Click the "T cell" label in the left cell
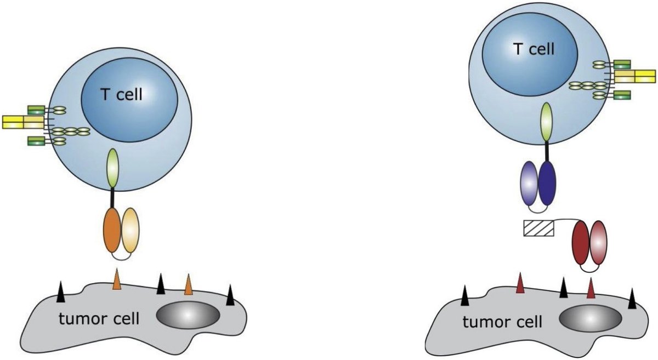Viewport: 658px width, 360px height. (x=122, y=95)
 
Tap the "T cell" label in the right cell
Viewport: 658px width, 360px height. (x=533, y=49)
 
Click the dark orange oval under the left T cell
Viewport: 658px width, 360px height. (x=112, y=230)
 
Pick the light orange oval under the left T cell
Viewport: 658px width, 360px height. (x=131, y=230)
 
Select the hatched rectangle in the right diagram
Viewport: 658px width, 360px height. (x=538, y=227)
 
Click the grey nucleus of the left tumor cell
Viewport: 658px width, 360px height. (x=188, y=315)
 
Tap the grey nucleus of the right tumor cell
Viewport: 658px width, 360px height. (x=590, y=318)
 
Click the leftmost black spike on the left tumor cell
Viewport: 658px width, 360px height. (x=61, y=294)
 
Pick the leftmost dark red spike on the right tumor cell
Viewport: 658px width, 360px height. (x=520, y=284)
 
